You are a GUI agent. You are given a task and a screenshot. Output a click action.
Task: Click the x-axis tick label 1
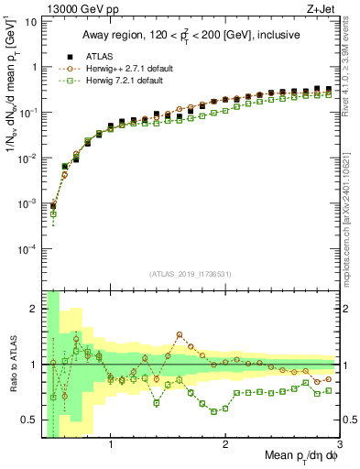[x=111, y=445]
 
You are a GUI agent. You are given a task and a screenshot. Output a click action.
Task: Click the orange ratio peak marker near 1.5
[x=180, y=334]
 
